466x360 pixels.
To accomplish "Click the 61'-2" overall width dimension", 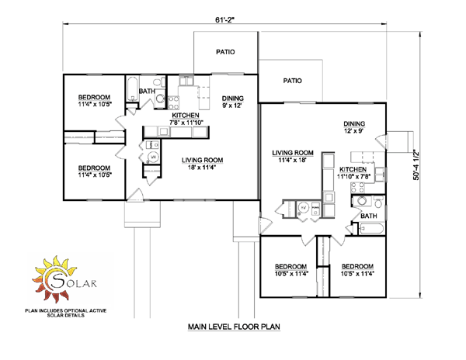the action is (x=225, y=20).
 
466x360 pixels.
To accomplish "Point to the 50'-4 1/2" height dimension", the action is (x=416, y=165).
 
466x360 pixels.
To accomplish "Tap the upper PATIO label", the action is (x=225, y=52).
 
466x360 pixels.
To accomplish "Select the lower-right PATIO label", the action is (x=293, y=81).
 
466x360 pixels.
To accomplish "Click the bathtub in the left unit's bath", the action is (x=132, y=88).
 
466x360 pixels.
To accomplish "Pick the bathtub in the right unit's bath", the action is (x=371, y=229).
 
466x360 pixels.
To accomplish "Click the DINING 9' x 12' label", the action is (x=233, y=102).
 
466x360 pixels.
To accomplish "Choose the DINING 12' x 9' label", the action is (x=354, y=127).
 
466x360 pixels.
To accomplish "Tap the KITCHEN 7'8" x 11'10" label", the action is (x=186, y=119).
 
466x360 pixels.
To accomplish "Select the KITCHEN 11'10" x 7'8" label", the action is (x=353, y=173).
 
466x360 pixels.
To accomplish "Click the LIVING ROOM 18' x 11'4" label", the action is (x=203, y=164).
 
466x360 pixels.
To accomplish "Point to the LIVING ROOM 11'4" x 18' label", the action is (x=293, y=157).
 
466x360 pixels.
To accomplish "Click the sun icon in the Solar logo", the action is (x=55, y=279).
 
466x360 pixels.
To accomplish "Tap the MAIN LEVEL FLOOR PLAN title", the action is (x=234, y=327).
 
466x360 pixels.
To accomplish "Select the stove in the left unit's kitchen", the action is (x=173, y=102).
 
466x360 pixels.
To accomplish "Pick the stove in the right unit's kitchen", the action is (x=357, y=188).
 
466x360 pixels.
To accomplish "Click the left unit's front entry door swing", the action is (x=135, y=195).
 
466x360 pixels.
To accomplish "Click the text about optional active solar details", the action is (x=66, y=313).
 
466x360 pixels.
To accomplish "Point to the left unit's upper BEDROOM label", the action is (x=95, y=101).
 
